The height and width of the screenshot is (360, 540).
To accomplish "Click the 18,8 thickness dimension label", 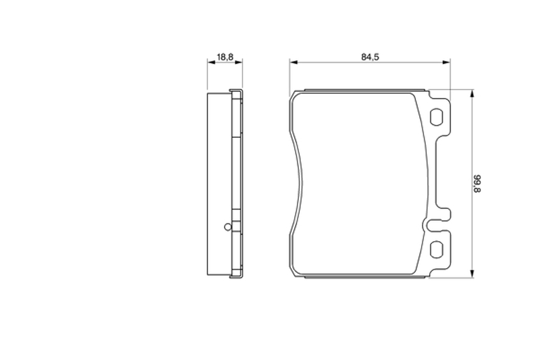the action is click(x=225, y=57).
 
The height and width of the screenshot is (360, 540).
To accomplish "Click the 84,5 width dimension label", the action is click(x=370, y=57).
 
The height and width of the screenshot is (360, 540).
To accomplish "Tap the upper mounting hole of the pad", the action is click(x=436, y=116).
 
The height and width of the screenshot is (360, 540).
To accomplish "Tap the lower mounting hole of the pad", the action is click(x=436, y=249).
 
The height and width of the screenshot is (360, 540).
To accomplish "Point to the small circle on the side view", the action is click(x=227, y=227).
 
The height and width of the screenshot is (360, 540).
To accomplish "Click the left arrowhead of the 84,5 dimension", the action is click(x=294, y=62).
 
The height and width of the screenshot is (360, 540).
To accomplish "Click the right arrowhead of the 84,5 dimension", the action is click(x=446, y=62).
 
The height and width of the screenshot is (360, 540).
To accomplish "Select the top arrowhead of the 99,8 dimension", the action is click(x=472, y=93).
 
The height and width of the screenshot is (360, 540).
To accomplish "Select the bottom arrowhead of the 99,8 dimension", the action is click(x=472, y=274).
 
